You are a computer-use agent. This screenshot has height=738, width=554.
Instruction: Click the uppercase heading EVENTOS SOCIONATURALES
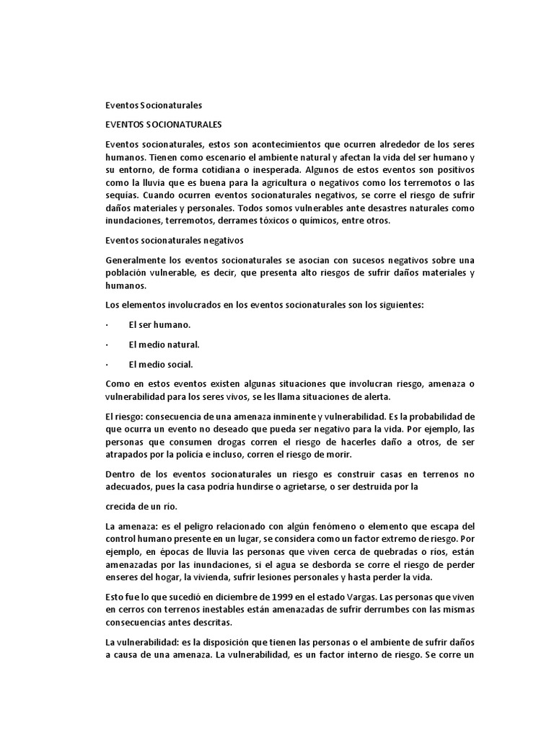coord(163,124)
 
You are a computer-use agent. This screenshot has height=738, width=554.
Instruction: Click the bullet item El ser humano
coord(159,324)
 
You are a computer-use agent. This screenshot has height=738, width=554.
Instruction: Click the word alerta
coord(374,396)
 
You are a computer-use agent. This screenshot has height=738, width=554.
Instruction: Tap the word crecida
coord(123,506)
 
